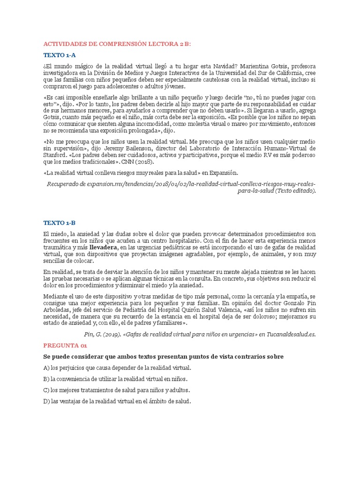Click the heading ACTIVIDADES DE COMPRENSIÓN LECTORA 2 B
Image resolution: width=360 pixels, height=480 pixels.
[117, 44]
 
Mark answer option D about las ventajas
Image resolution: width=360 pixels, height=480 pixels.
[117, 401]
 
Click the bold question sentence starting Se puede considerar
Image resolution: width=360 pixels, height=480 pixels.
[163, 357]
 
